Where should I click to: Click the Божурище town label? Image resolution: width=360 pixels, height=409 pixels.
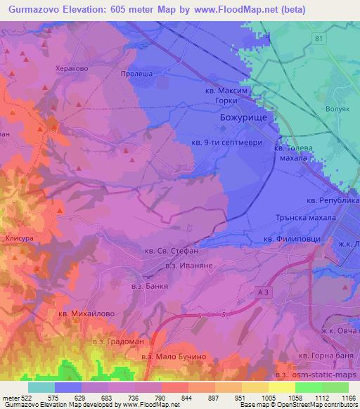click(238, 119)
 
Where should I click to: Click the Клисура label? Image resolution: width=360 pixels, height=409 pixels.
click(19, 239)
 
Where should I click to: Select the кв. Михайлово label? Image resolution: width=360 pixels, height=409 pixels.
click(85, 313)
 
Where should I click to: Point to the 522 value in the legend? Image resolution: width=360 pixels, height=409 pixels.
click(27, 398)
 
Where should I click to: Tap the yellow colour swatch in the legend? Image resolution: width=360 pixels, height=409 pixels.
click(281, 387)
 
